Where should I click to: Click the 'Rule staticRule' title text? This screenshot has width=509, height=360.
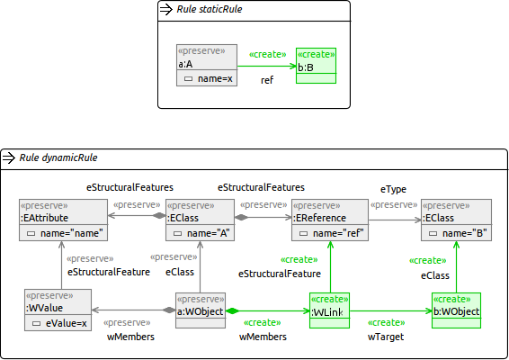tap(210, 9)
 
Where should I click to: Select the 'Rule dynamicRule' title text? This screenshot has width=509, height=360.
tap(58, 157)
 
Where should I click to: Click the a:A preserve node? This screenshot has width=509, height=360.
tap(207, 66)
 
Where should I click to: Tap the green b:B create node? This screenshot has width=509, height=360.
tap(316, 66)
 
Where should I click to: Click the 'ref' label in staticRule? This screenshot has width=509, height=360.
tap(267, 80)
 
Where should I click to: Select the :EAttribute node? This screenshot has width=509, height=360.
tap(63, 220)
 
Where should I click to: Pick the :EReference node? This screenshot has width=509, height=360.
tap(330, 220)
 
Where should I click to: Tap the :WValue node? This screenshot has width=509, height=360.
tap(58, 310)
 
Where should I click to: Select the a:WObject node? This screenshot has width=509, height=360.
tap(201, 310)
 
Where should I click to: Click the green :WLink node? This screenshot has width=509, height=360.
tap(329, 310)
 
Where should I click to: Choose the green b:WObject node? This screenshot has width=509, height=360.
tap(456, 310)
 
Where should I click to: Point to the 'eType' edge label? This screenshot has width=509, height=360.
tap(393, 189)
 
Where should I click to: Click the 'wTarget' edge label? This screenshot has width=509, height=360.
tap(386, 337)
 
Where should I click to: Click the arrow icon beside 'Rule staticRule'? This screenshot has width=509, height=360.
tap(166, 9)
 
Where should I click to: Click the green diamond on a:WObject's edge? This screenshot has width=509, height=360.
tap(232, 310)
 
